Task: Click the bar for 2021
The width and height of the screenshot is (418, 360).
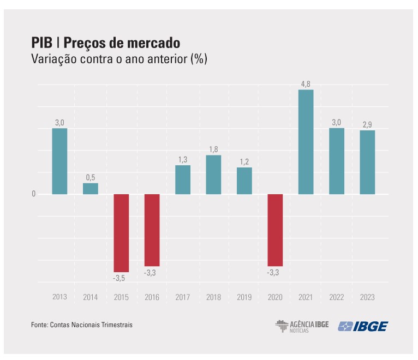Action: pyautogui.click(x=306, y=142)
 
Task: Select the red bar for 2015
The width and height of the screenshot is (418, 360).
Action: pyautogui.click(x=121, y=233)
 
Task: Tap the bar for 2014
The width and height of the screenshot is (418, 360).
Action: pyautogui.click(x=91, y=189)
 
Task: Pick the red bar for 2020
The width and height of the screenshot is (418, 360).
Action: pyautogui.click(x=275, y=230)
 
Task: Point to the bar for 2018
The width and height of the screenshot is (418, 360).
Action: pyautogui.click(x=213, y=175)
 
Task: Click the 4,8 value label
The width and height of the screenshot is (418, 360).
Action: pyautogui.click(x=306, y=84)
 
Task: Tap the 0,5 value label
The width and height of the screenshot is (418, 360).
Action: pyautogui.click(x=91, y=177)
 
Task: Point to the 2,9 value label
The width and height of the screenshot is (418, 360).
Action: pyautogui.click(x=367, y=124)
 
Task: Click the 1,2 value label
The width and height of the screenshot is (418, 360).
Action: pyautogui.click(x=244, y=162)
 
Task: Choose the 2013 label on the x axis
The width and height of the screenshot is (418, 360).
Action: pyautogui.click(x=59, y=297)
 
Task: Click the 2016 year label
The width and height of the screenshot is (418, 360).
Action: pyautogui.click(x=152, y=297)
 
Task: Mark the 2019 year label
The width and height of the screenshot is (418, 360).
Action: pyautogui.click(x=244, y=297)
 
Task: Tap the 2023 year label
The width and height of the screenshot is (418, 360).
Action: pyautogui.click(x=367, y=297)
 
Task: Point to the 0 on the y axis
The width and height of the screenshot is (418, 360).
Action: pyautogui.click(x=33, y=194)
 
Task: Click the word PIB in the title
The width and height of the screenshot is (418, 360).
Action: pyautogui.click(x=41, y=43)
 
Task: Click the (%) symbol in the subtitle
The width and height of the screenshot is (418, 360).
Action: pyautogui.click(x=199, y=59)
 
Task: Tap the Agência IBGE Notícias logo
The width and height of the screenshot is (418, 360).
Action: pyautogui.click(x=302, y=326)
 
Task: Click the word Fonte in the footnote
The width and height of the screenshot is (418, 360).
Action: pyautogui.click(x=39, y=325)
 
